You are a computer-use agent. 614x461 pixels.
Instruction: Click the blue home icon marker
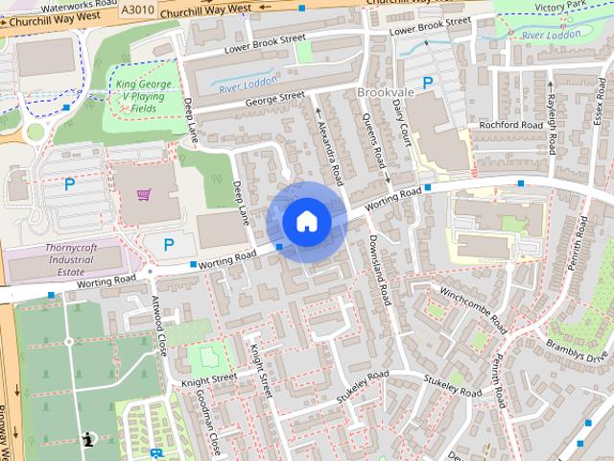306,222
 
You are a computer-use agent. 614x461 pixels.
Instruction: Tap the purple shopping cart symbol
143,196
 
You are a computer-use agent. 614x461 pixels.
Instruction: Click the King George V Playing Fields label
146,97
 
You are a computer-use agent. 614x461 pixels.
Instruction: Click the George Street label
274,98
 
